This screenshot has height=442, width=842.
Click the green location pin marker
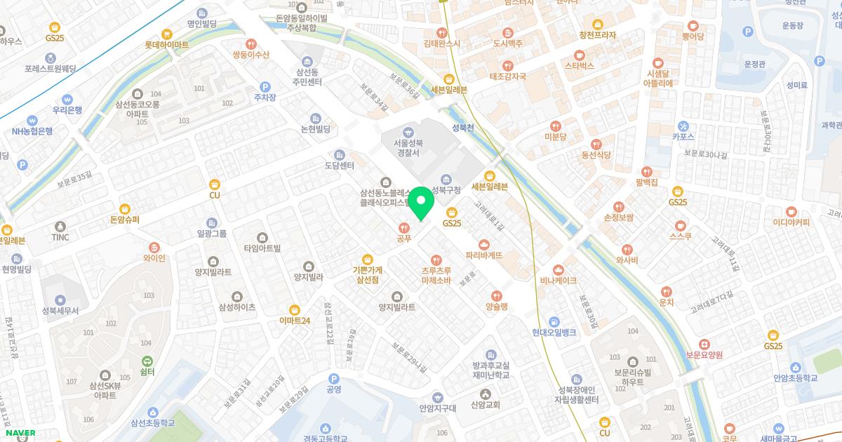click(421, 203)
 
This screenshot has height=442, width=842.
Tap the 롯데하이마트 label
click(167, 44)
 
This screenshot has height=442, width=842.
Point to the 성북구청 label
click(446, 190)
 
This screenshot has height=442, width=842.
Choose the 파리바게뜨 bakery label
click(484, 255)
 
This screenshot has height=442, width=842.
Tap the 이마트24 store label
click(295, 321)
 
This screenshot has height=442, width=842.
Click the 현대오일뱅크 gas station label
click(554, 332)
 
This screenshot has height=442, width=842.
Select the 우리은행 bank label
click(67, 110)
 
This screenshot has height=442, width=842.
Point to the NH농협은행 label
click(32, 131)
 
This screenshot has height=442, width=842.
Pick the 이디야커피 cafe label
click(791, 222)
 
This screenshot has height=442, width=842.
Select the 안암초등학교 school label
click(796, 377)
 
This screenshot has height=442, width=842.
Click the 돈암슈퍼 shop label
click(125, 220)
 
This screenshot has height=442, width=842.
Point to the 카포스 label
click(683, 137)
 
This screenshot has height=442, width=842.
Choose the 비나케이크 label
click(559, 280)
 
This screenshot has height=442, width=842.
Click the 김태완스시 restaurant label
click(441, 43)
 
